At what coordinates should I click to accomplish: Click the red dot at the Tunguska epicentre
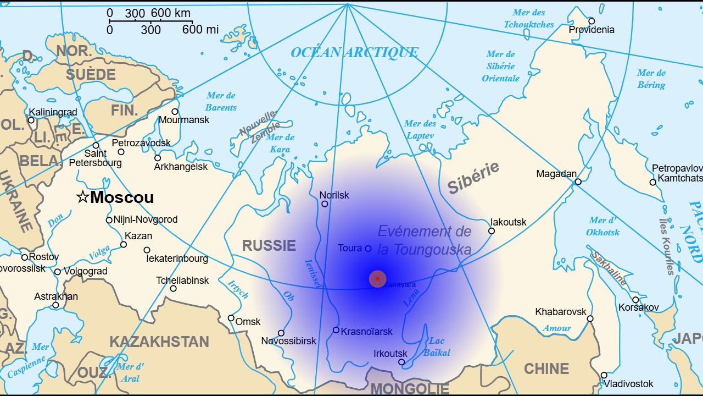click(378, 279)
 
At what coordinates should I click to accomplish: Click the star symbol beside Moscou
click(82, 197)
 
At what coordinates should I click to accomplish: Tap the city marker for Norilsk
click(325, 204)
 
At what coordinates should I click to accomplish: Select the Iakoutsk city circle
click(492, 231)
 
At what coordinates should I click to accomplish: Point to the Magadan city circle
click(578, 182)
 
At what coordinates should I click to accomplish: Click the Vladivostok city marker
click(604, 376)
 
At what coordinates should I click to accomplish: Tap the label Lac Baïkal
click(437, 346)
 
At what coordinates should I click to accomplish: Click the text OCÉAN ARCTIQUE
click(354, 53)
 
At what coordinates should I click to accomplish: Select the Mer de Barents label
click(221, 102)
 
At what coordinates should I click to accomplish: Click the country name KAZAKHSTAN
click(159, 342)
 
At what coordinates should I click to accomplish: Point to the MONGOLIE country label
click(410, 389)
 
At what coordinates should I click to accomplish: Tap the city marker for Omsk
click(231, 318)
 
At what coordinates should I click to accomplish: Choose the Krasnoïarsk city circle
click(336, 330)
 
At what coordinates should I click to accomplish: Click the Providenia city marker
click(592, 21)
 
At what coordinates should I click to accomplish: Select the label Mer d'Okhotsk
click(602, 226)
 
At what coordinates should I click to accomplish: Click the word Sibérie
click(473, 177)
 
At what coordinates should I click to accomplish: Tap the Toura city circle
click(368, 249)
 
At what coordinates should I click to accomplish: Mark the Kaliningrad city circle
click(31, 120)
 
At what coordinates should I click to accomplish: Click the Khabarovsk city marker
click(590, 318)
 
